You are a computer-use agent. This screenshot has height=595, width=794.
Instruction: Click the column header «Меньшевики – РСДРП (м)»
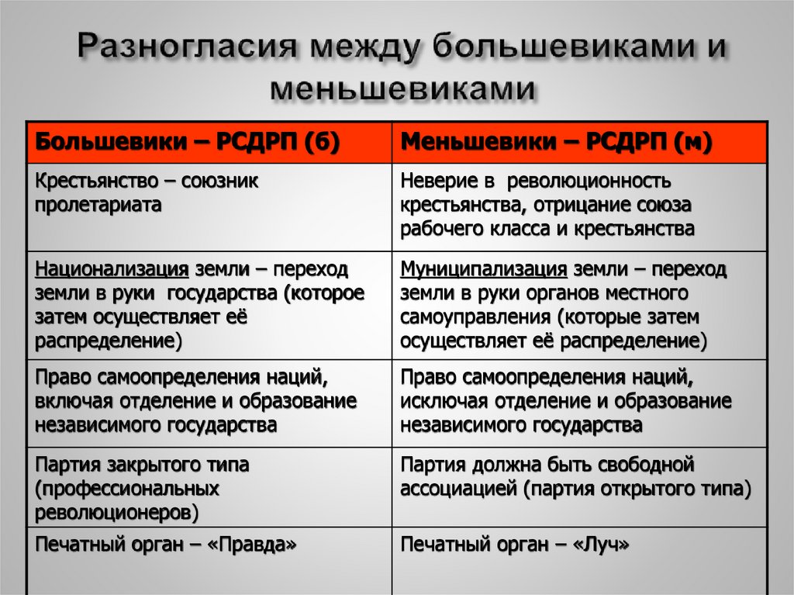(x=557, y=142)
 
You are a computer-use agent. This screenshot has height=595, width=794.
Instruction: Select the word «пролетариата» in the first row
(x=98, y=206)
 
